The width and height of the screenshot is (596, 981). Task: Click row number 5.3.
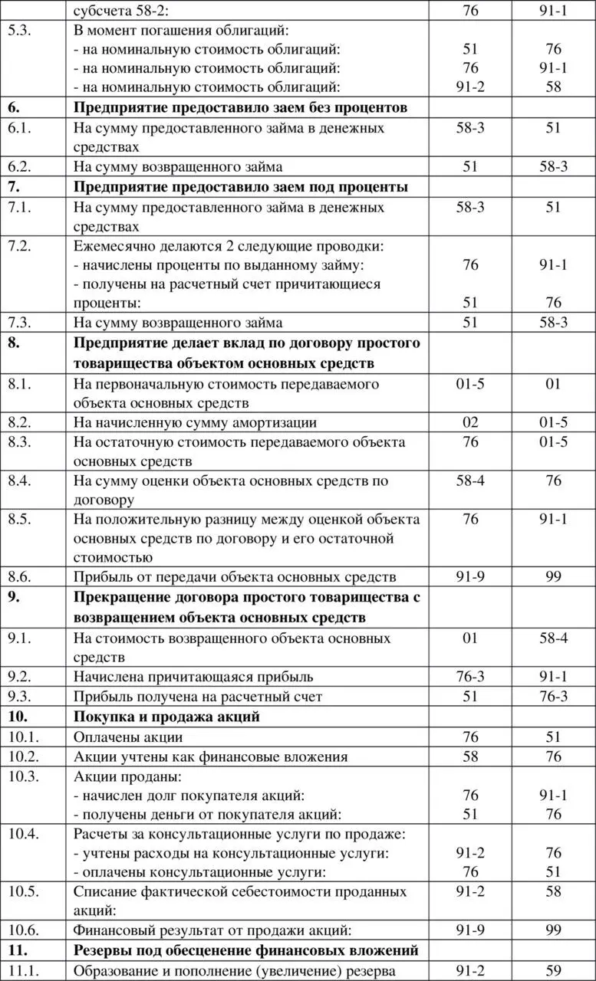click(x=21, y=31)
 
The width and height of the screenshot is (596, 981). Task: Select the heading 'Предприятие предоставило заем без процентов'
click(x=240, y=107)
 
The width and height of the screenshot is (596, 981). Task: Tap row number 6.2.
click(x=21, y=167)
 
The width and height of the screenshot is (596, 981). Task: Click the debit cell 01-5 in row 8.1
click(x=470, y=383)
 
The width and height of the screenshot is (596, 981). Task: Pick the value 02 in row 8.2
click(x=470, y=422)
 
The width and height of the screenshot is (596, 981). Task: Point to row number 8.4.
click(x=21, y=481)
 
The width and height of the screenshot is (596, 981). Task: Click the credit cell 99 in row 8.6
click(x=553, y=577)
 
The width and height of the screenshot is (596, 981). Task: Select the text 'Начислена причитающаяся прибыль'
click(x=193, y=677)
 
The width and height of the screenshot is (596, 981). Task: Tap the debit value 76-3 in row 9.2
click(x=470, y=677)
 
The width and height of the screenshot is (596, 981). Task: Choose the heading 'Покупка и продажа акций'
click(x=166, y=717)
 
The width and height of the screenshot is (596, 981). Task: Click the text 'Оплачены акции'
click(x=128, y=737)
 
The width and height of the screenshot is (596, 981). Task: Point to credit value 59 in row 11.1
click(x=553, y=970)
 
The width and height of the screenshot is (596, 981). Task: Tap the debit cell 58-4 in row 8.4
click(x=470, y=481)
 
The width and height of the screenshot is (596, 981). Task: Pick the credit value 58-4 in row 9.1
click(x=553, y=638)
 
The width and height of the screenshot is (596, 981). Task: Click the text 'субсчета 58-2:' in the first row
click(x=123, y=11)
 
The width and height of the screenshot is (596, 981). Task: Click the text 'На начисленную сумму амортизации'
click(x=196, y=422)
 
